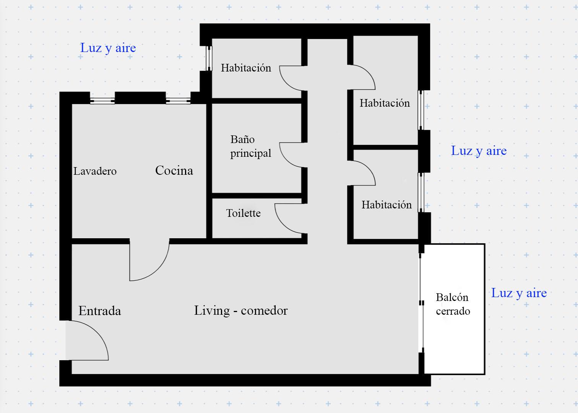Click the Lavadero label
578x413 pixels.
click(95, 171)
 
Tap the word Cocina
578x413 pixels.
click(174, 171)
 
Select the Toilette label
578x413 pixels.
click(244, 213)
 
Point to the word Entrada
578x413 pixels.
click(100, 311)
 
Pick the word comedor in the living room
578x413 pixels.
click(264, 311)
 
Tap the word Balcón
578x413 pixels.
click(452, 298)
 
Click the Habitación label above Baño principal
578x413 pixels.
click(246, 68)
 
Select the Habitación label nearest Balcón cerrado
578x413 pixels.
click(386, 205)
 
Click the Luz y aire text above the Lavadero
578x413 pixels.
click(108, 48)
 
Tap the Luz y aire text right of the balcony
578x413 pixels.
click(519, 293)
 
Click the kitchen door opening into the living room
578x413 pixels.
click(158, 271)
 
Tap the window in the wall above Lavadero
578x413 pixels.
click(102, 101)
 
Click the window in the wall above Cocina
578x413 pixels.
click(178, 101)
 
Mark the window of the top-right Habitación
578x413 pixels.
click(421, 110)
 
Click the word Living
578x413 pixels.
click(212, 311)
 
